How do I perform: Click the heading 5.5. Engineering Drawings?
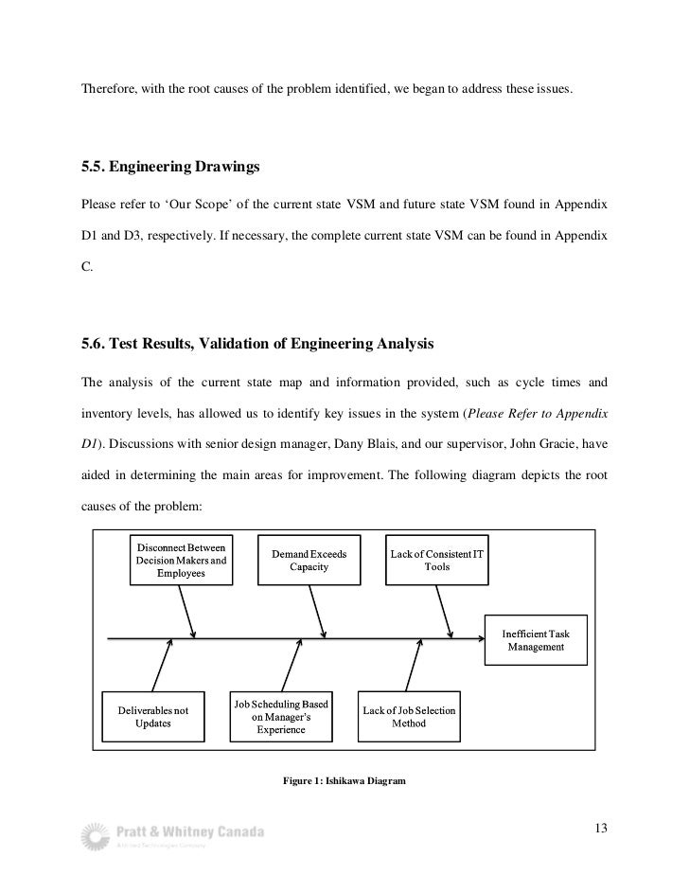tap(170, 169)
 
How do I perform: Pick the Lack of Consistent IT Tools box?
tap(437, 560)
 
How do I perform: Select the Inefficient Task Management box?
tap(535, 640)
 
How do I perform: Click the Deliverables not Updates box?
tap(152, 717)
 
